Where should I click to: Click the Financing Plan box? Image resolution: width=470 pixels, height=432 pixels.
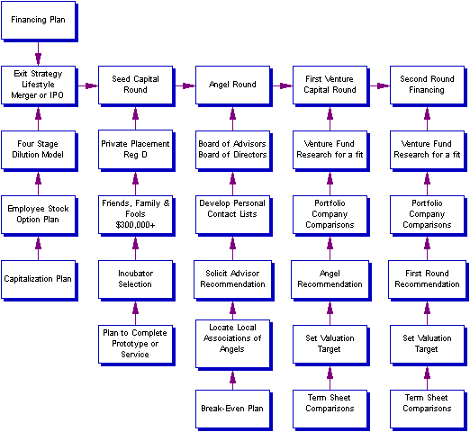pos(39,21)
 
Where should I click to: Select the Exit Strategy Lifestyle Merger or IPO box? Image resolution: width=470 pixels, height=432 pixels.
pos(39,85)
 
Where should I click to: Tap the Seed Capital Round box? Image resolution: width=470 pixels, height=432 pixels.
pos(136,85)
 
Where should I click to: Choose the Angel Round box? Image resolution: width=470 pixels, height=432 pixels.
pos(233,85)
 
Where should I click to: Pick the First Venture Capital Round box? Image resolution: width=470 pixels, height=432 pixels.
pos(330,85)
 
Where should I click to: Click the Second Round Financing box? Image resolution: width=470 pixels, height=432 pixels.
pos(428,85)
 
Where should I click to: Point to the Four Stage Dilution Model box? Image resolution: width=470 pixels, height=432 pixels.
pos(39,150)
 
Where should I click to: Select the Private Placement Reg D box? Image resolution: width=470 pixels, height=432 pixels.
pos(136,150)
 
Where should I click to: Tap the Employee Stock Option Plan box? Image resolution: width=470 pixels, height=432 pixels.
pos(39,215)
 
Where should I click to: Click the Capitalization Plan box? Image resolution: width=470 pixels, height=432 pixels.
pos(39,280)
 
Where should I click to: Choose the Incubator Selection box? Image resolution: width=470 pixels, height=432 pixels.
pos(136,280)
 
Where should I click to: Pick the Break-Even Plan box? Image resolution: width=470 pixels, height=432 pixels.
pos(233,409)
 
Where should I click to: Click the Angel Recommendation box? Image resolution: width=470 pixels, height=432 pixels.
pos(330,280)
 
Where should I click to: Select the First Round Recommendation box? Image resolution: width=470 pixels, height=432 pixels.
pos(428,280)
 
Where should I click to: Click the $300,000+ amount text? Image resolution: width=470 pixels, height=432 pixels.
pos(135,225)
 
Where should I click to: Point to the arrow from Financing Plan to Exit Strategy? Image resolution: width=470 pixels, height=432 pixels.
pos(38,53)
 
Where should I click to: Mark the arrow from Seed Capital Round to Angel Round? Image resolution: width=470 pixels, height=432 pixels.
pos(185,85)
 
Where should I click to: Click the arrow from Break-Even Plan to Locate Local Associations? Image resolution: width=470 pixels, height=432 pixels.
pos(232,380)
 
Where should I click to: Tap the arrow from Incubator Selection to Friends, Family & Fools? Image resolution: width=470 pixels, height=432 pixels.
pos(135,248)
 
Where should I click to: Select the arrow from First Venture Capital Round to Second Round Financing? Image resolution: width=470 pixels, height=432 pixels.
pos(379,85)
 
